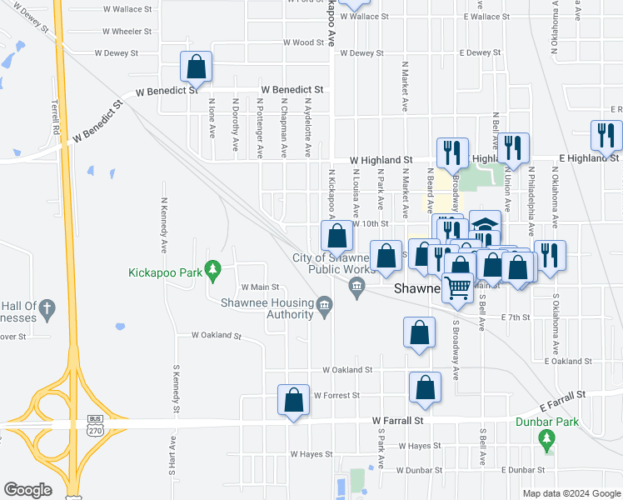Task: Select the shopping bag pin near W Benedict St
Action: click(x=197, y=66)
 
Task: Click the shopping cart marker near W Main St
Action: click(x=458, y=287)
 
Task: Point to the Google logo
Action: click(x=27, y=490)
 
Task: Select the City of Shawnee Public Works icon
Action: click(x=357, y=288)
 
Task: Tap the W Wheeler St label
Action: click(x=127, y=32)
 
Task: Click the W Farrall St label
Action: click(x=398, y=422)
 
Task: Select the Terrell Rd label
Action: click(x=55, y=118)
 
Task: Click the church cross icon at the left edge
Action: click(x=47, y=310)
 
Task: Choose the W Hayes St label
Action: click(x=311, y=454)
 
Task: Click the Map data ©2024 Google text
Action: click(x=571, y=493)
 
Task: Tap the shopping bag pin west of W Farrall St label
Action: click(x=293, y=400)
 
